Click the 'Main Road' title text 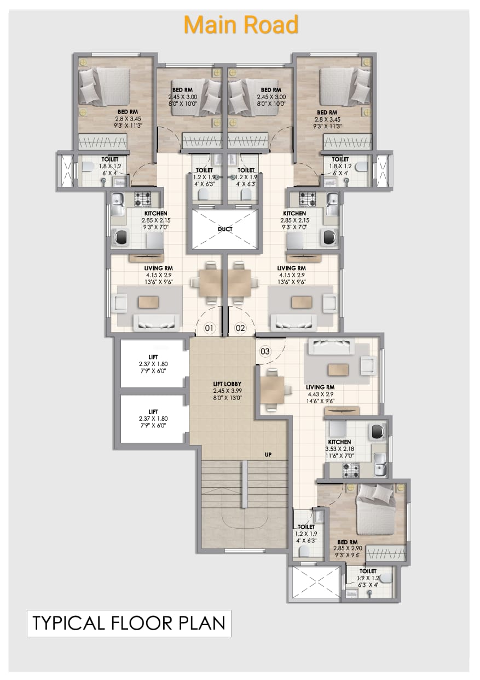[241, 25]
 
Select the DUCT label [225, 229]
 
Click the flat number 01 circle [209, 328]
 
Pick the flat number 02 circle [240, 328]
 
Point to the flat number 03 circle [265, 352]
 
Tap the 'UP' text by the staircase [268, 455]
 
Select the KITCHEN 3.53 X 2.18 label [339, 449]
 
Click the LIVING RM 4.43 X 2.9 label [320, 395]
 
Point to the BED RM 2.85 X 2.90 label [348, 548]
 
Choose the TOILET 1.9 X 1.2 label [368, 578]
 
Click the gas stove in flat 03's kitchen [351, 471]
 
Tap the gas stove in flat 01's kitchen [142, 198]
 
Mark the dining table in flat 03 [273, 390]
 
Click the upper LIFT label [153, 357]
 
